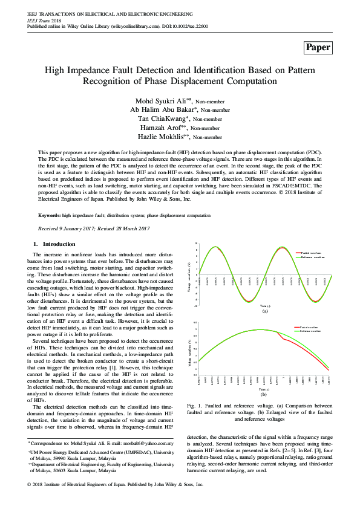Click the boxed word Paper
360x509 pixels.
(x=318, y=48)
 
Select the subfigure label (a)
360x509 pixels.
(x=264, y=311)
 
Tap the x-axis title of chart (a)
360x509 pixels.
(x=264, y=306)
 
